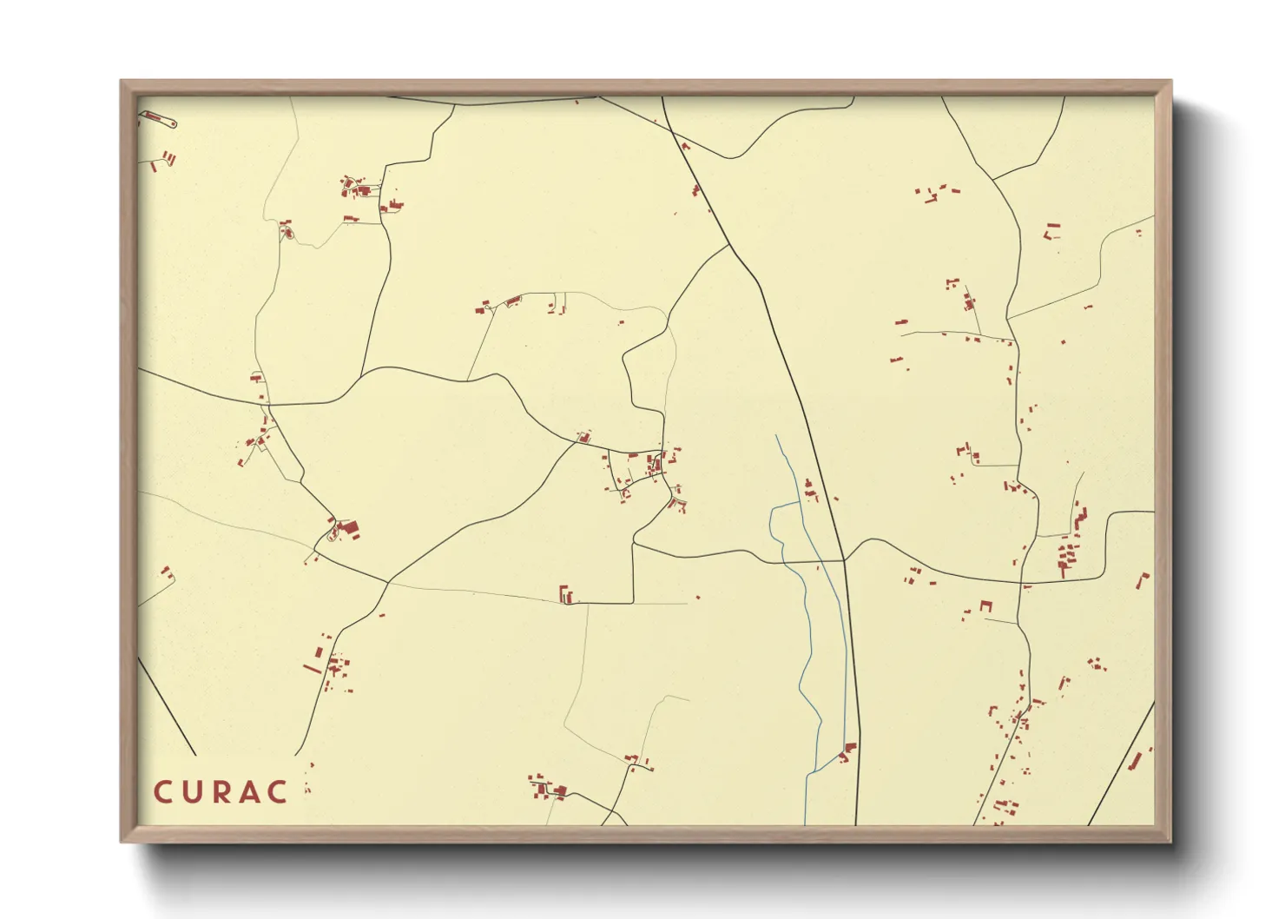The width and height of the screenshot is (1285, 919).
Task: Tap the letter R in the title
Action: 221,792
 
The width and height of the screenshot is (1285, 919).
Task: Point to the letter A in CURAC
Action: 249,792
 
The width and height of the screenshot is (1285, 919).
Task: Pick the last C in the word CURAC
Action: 277,792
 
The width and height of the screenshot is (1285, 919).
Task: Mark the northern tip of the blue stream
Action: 776,436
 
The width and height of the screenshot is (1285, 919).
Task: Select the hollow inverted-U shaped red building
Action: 985,605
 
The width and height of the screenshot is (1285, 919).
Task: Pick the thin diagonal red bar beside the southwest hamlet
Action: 313,668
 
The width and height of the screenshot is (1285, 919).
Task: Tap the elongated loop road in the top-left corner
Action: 159,119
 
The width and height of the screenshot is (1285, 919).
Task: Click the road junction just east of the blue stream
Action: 844,560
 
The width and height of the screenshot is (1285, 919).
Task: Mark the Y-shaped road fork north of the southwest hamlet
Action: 386,583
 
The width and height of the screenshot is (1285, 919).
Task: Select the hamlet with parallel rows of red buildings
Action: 1067,557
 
